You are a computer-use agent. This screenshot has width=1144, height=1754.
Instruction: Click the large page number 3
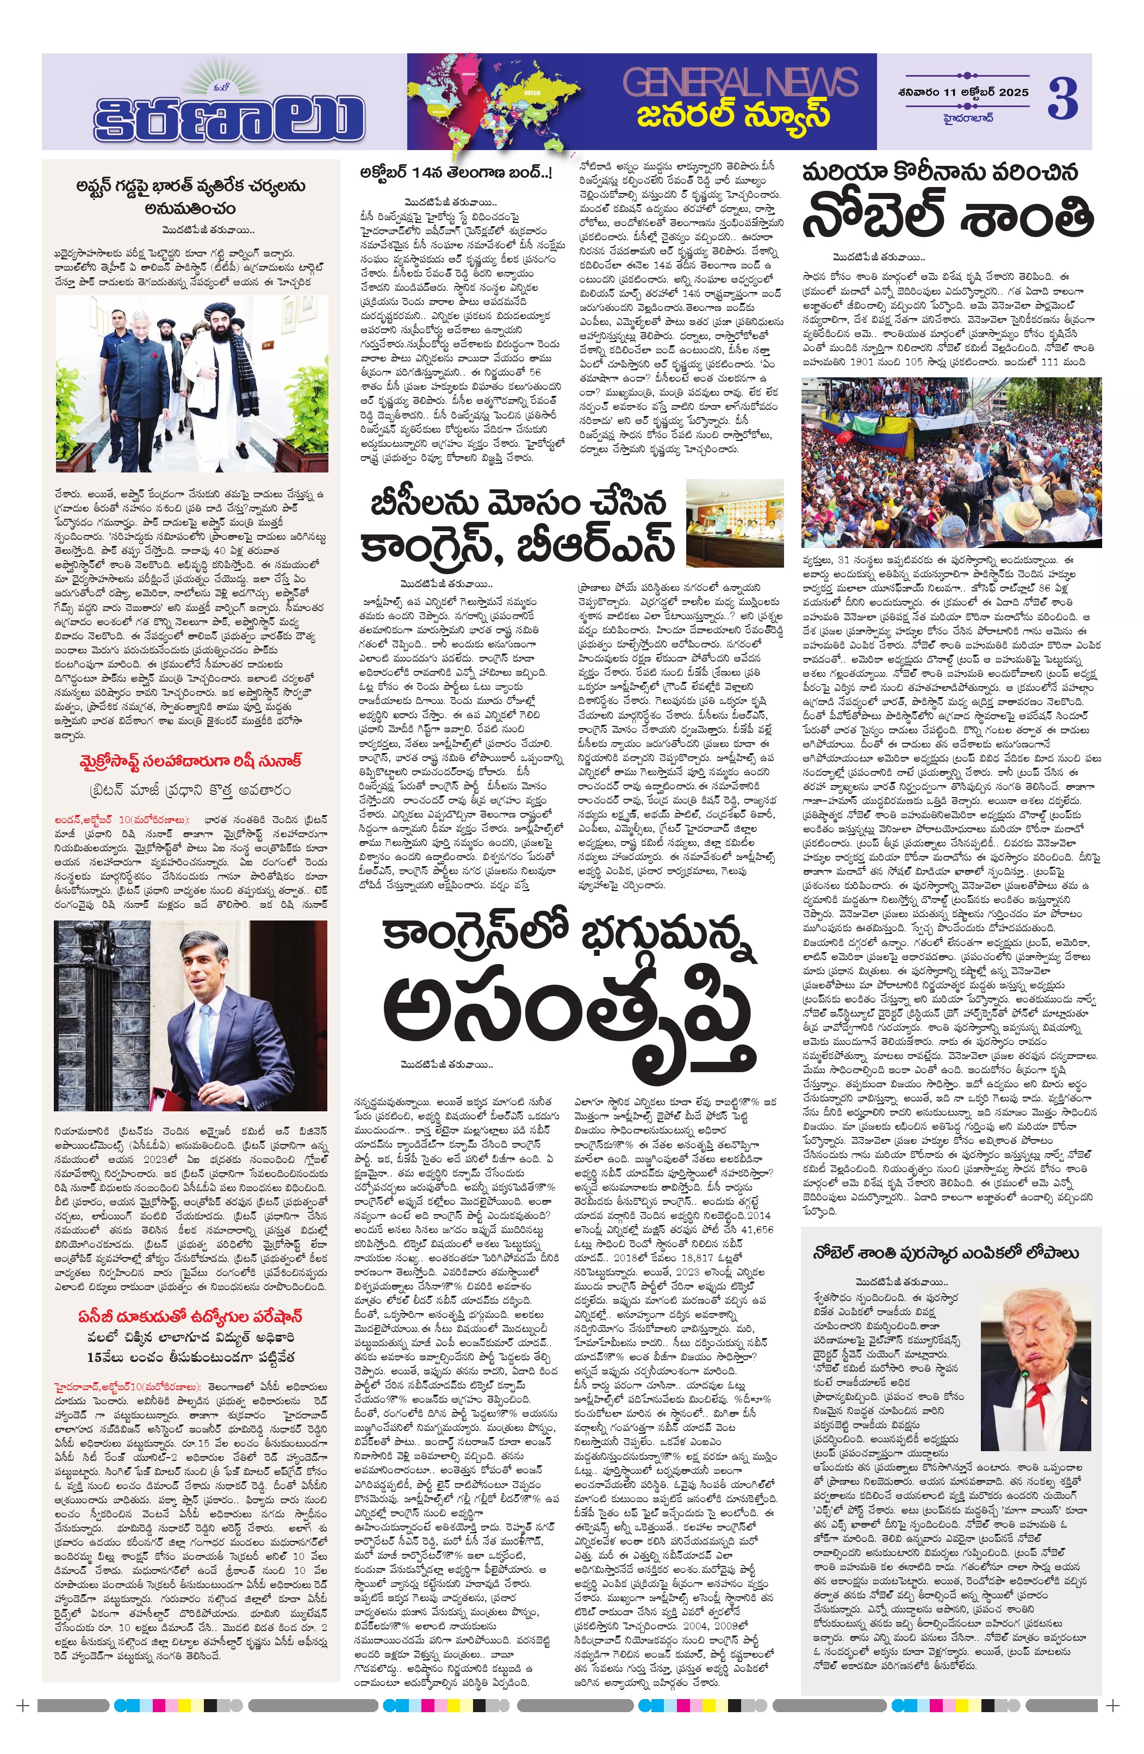pos(1063,97)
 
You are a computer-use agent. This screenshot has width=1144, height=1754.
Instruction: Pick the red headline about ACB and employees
pos(190,1316)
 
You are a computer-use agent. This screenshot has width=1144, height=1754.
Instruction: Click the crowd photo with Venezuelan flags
pos(951,462)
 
